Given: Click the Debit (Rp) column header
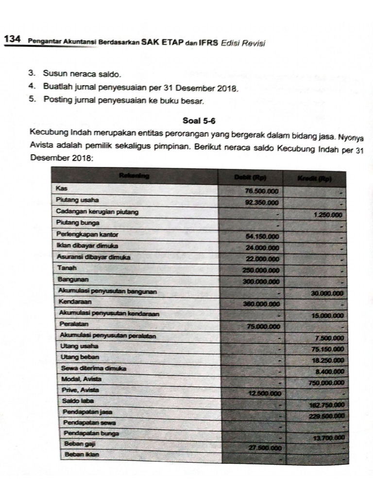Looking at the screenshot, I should pyautogui.click(x=250, y=178).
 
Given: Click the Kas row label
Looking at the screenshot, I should pyautogui.click(x=61, y=188).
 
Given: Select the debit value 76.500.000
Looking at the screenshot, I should pyautogui.click(x=262, y=192).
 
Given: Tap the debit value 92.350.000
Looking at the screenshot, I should pyautogui.click(x=262, y=203).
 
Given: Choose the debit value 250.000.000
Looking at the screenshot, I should pyautogui.click(x=261, y=270).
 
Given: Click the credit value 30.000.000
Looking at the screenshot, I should pyautogui.click(x=327, y=293).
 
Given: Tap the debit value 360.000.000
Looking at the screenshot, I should pyautogui.click(x=261, y=304).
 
